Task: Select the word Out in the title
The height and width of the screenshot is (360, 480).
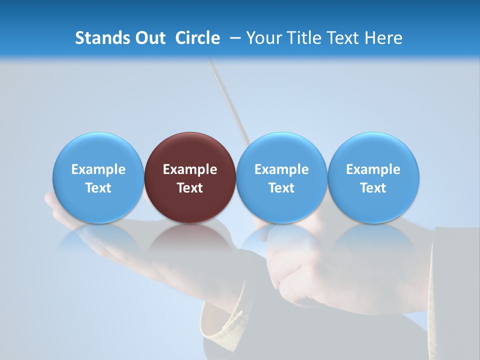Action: coord(149,38)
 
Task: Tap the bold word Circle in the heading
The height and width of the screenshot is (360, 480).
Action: coord(197,38)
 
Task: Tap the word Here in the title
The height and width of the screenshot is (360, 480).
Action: coord(382,38)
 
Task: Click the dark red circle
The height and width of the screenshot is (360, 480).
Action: coord(190,150)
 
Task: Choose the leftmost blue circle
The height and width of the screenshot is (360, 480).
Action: coord(98,150)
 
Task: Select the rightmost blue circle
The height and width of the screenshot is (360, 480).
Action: coord(373,150)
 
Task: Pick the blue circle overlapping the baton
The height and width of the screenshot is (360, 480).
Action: coord(281,150)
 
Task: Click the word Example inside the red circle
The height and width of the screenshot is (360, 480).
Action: coord(190,169)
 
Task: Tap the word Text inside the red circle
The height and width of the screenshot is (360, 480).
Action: coord(190,188)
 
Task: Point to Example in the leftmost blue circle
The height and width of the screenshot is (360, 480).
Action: coord(98,169)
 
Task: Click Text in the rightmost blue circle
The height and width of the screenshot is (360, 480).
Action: coord(373,188)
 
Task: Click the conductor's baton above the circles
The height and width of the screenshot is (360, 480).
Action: coord(227,100)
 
